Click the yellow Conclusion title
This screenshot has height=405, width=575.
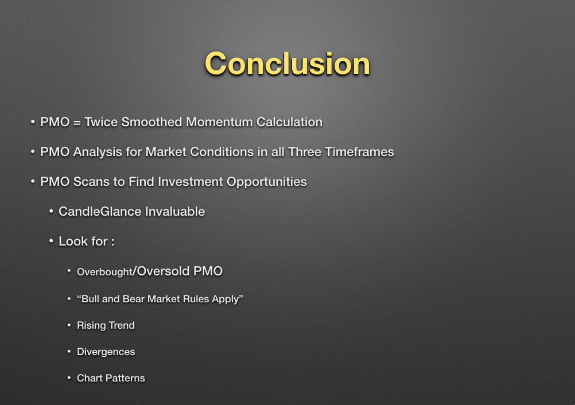point(287,64)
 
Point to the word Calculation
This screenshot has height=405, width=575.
point(289,122)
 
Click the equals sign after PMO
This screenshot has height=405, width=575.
point(77,122)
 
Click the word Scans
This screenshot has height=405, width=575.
point(91,181)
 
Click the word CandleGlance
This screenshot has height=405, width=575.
point(100,212)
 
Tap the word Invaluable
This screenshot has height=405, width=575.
point(175,212)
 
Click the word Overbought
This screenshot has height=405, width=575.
point(104,272)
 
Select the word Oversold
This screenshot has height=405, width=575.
point(163,271)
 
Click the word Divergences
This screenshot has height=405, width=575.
point(106,352)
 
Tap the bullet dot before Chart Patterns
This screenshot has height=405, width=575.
point(69,377)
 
